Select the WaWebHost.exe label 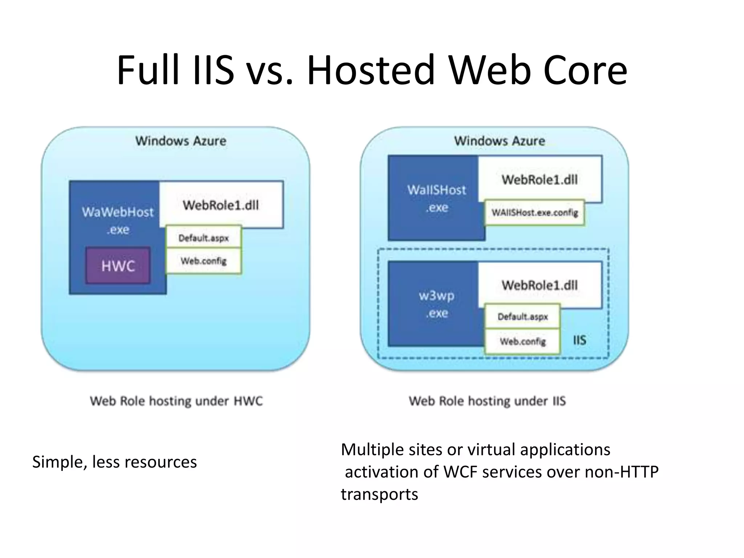tap(118, 220)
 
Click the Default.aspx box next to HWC tap(203, 238)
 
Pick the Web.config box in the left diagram tap(203, 261)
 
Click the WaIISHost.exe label tap(436, 198)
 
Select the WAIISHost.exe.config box tap(535, 213)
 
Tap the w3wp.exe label tap(436, 304)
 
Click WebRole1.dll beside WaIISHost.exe tap(540, 179)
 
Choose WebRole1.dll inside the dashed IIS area tap(540, 285)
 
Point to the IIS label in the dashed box tap(579, 340)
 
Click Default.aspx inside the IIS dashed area tap(523, 317)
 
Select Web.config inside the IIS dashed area tap(523, 341)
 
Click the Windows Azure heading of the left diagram tap(181, 141)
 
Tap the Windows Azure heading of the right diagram tap(500, 141)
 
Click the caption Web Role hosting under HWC tap(176, 401)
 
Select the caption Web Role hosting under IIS tap(487, 401)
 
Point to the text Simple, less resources tap(114, 462)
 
